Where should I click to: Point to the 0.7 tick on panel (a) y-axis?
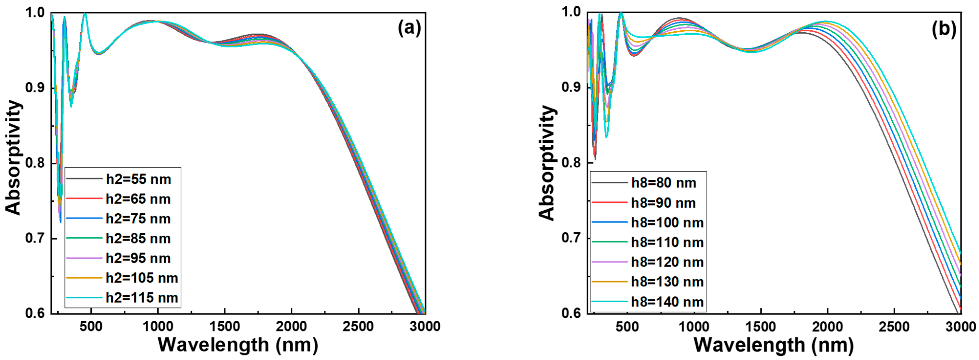pos(36,239)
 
